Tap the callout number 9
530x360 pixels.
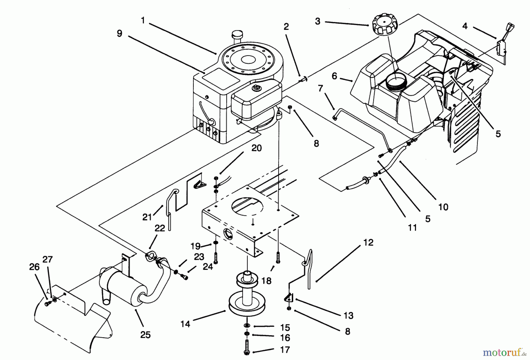[119, 33]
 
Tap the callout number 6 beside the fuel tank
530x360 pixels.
[334, 76]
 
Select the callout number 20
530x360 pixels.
[256, 148]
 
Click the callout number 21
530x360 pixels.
[147, 217]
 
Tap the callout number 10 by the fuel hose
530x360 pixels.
[443, 207]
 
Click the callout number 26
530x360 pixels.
[34, 267]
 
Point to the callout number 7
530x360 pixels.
[320, 88]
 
